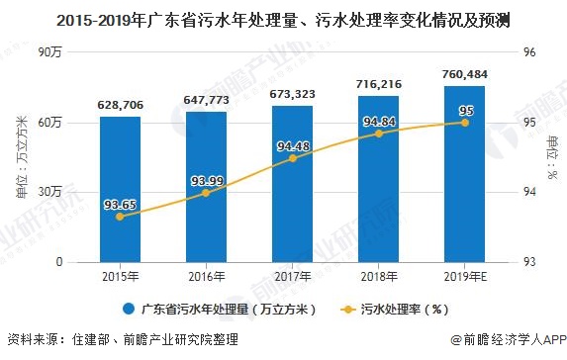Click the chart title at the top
tap(283, 18)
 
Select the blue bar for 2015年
tap(120, 188)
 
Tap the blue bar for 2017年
tap(292, 183)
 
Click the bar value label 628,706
tap(120, 104)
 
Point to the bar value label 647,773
tap(206, 100)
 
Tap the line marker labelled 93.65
tap(120, 216)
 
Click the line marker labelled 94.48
tap(292, 158)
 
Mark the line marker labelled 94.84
tap(378, 134)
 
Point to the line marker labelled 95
tap(464, 123)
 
